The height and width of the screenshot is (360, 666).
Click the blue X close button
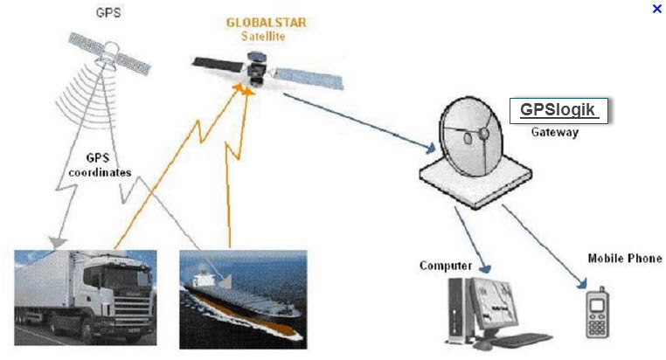point(656,9)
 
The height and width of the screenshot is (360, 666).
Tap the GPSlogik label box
point(558,111)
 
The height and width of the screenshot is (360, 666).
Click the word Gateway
point(555,132)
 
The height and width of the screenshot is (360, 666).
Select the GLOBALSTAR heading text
point(266,23)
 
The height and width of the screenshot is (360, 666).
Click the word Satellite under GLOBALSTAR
point(263,37)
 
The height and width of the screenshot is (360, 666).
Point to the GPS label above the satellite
point(108,12)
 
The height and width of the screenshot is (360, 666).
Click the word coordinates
point(100,172)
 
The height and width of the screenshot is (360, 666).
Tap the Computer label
point(446,266)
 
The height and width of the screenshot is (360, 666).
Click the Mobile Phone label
point(625,258)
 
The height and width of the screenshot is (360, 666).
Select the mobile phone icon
point(597,313)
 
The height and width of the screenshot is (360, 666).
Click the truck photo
point(86,298)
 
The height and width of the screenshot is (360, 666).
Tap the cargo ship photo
point(243,300)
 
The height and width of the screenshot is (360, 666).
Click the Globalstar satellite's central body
point(256,68)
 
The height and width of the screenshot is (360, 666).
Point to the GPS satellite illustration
point(109,54)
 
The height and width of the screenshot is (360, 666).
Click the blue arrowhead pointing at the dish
point(430,149)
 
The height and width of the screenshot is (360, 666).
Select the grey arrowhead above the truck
point(57,242)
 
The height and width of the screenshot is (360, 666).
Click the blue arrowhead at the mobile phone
point(582,283)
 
